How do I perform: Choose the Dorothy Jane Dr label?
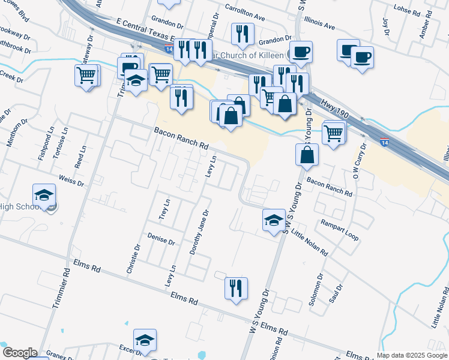pos(199,232)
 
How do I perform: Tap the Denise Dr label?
pos(160,240)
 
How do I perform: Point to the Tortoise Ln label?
pos(58,143)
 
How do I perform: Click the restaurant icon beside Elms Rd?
pos(236,288)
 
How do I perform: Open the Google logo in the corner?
pos(19,353)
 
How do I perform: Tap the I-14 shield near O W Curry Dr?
pos(384,141)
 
